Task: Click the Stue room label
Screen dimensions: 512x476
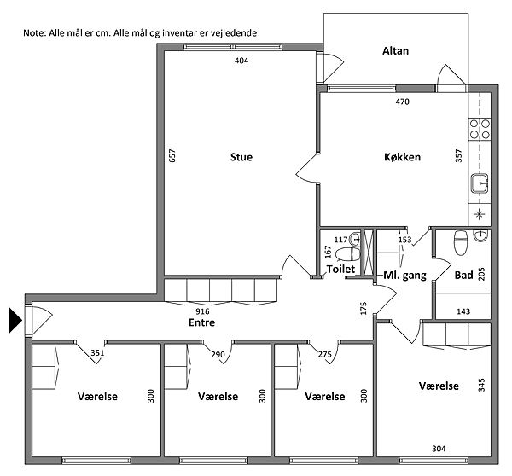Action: [241, 157]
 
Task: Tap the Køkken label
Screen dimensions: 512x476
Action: [402, 157]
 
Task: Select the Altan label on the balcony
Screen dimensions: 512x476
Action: [395, 51]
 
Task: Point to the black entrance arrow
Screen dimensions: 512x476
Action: [15, 320]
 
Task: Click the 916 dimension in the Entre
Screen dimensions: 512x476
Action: [202, 311]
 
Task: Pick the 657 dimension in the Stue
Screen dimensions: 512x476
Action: [172, 155]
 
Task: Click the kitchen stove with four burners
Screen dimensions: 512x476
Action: [480, 129]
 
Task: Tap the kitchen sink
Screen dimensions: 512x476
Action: [480, 183]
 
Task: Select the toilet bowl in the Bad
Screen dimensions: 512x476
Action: [461, 242]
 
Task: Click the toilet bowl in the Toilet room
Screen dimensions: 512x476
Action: [348, 254]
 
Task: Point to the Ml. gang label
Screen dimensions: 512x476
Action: [404, 276]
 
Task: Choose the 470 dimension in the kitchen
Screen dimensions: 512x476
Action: [402, 102]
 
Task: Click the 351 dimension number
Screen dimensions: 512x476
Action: [97, 352]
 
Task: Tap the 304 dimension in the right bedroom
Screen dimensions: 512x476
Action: [439, 449]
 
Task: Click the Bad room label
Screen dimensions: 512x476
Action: [463, 276]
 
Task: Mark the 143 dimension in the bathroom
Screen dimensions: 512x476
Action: [463, 311]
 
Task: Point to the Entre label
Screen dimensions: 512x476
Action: [201, 322]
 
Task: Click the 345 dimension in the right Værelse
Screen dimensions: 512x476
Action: [481, 385]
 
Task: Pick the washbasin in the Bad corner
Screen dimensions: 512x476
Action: [481, 235]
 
